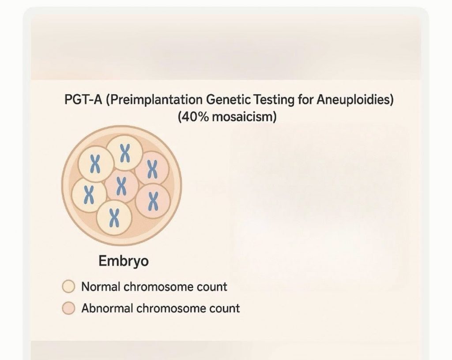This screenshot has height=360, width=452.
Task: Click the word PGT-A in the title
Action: click(x=83, y=100)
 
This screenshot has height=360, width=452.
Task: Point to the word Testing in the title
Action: click(x=274, y=100)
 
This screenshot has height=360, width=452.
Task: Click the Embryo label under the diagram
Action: click(x=124, y=261)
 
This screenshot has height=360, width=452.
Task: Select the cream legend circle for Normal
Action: click(x=68, y=286)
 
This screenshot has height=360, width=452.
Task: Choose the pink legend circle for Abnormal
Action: click(x=68, y=308)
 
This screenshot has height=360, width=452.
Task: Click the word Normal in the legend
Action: click(x=101, y=287)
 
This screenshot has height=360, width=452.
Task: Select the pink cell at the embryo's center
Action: click(x=122, y=186)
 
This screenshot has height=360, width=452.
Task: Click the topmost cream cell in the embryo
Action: click(x=124, y=153)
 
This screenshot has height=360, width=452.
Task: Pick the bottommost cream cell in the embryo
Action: click(x=114, y=218)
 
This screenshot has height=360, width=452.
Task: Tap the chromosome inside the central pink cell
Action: click(x=122, y=186)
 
